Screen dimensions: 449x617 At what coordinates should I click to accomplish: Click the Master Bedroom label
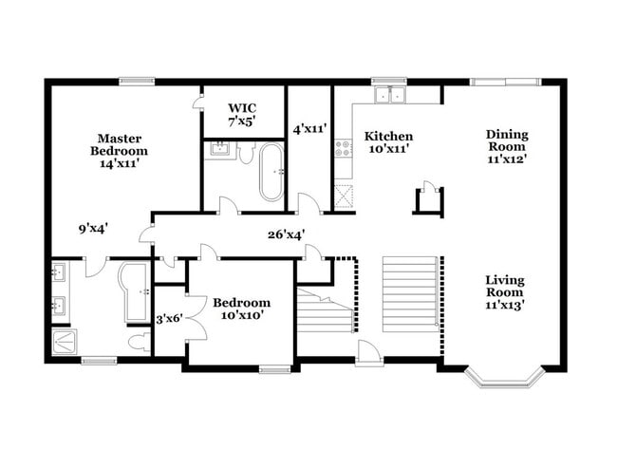[119, 150]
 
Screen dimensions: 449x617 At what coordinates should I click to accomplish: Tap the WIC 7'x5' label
[241, 113]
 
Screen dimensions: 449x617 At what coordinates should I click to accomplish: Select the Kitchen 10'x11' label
[388, 142]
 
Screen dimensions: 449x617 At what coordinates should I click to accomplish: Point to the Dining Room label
[507, 146]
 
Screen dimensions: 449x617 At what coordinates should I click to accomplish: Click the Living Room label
[505, 292]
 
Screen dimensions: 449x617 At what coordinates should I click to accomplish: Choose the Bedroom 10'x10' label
[240, 308]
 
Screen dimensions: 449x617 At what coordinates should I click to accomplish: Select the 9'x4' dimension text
[93, 228]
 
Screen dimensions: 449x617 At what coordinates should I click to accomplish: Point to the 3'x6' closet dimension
[169, 318]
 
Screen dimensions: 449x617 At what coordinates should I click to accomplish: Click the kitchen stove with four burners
[343, 148]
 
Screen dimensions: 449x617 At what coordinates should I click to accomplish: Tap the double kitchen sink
[389, 94]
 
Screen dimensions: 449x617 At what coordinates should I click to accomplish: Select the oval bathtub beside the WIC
[271, 172]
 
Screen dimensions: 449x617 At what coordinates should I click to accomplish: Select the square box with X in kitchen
[343, 195]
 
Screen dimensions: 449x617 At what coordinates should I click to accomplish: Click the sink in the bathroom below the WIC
[217, 149]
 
